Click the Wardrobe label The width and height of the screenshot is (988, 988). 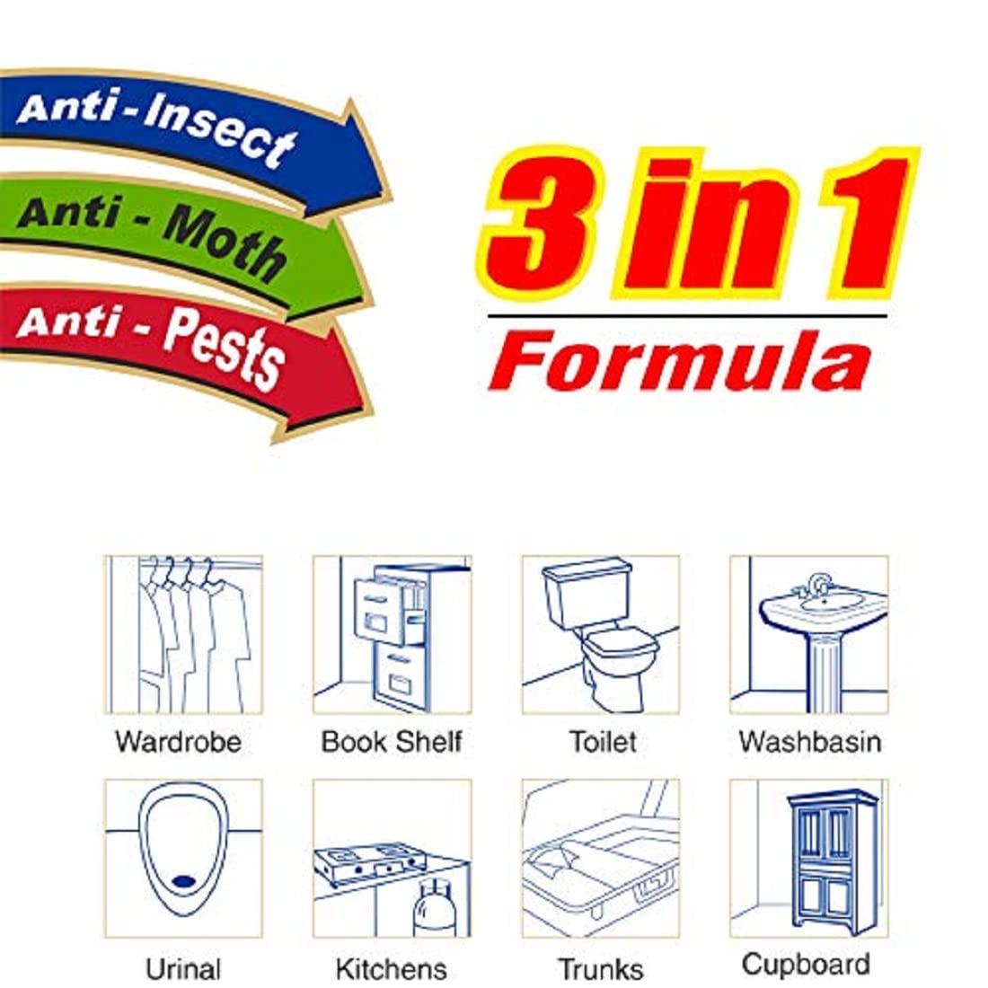179,742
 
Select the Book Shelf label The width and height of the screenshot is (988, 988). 392,742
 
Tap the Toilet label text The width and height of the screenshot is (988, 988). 603,742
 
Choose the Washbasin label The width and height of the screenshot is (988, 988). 809,742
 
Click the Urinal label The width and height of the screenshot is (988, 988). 182,969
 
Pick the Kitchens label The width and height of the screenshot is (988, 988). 392,969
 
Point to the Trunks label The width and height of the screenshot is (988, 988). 601,969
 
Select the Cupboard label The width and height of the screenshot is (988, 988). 806,965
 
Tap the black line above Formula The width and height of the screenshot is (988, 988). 687,315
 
